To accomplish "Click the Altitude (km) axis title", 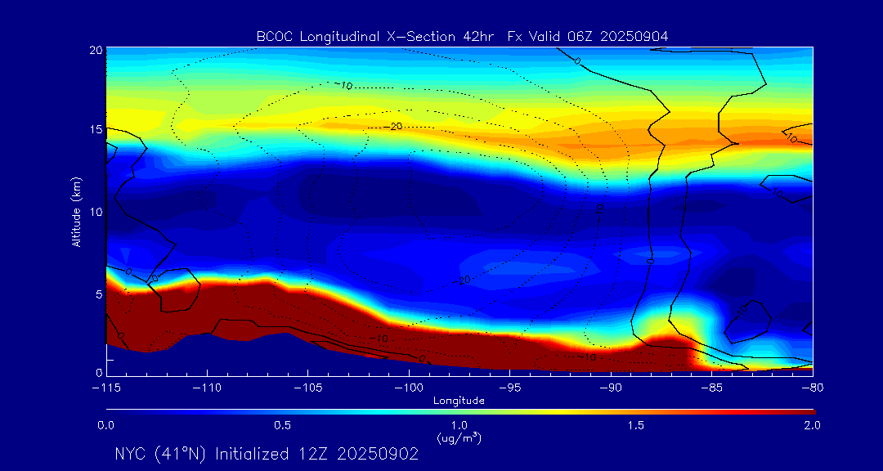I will click(x=75, y=212).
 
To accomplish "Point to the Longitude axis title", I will click(x=459, y=401).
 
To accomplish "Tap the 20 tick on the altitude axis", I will click(x=96, y=50).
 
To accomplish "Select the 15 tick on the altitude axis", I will click(x=96, y=130).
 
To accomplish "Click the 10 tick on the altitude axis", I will click(x=96, y=212).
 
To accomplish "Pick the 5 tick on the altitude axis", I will click(x=98, y=293).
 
